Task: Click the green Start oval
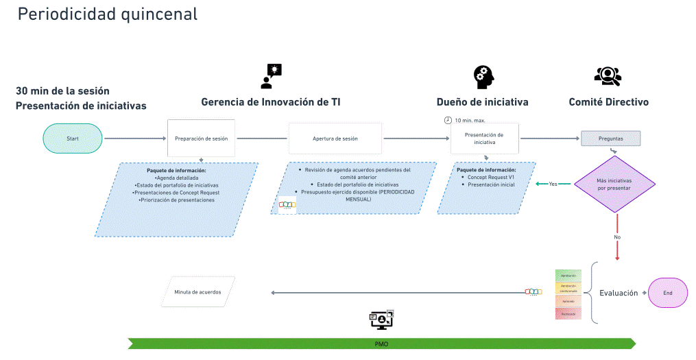click(x=73, y=139)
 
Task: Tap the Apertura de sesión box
click(x=335, y=139)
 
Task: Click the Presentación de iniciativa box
click(x=484, y=139)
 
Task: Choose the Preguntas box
click(x=610, y=139)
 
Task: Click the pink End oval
click(x=668, y=293)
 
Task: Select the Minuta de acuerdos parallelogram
click(x=197, y=291)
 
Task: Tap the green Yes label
click(x=553, y=184)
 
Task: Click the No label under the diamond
click(x=617, y=237)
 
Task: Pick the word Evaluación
click(x=619, y=293)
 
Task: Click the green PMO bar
click(x=381, y=344)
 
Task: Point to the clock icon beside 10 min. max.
click(x=448, y=120)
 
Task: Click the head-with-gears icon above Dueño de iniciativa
click(x=483, y=77)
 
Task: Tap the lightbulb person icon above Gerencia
click(x=271, y=76)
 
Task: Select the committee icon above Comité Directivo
click(x=608, y=76)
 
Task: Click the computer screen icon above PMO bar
click(x=381, y=320)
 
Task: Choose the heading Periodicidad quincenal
click(x=108, y=14)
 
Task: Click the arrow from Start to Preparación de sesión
click(x=135, y=139)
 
